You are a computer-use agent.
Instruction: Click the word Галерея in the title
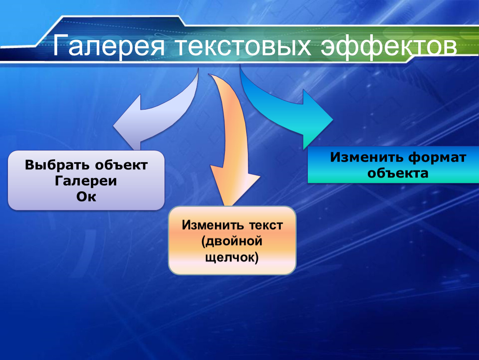[x=109, y=46]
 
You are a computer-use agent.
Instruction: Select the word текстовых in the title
[x=243, y=46]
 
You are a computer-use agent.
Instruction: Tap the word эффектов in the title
[x=389, y=46]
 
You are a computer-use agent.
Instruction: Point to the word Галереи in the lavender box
[x=86, y=180]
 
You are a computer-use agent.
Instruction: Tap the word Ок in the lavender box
[x=86, y=197]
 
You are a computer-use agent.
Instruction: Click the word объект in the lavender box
[x=121, y=165]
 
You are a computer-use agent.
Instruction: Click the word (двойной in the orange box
[x=232, y=241]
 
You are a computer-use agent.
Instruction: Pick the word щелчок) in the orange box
[x=232, y=257]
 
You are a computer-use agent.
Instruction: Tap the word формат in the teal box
[x=437, y=157]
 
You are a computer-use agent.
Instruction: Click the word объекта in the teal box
[x=398, y=173]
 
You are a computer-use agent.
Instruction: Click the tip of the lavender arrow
[x=113, y=125]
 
